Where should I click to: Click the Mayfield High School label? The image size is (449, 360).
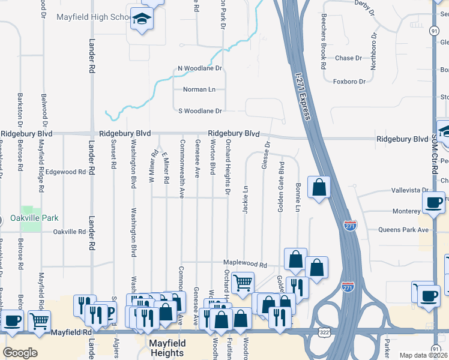93,17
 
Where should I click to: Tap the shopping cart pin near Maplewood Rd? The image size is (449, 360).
243,283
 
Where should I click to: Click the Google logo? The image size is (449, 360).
20,353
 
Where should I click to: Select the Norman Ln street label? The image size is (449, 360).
199,89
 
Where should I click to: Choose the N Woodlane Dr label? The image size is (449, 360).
200,69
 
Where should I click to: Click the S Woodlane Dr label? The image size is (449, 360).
200,111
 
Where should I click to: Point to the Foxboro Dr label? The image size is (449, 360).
349,81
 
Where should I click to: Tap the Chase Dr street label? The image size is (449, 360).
349,58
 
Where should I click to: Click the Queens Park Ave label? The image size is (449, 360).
403,230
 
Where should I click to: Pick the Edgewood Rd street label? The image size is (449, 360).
66,172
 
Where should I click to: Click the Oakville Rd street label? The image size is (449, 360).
70,232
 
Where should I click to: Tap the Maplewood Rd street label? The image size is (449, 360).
245,263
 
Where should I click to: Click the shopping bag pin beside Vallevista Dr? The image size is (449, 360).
319,187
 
